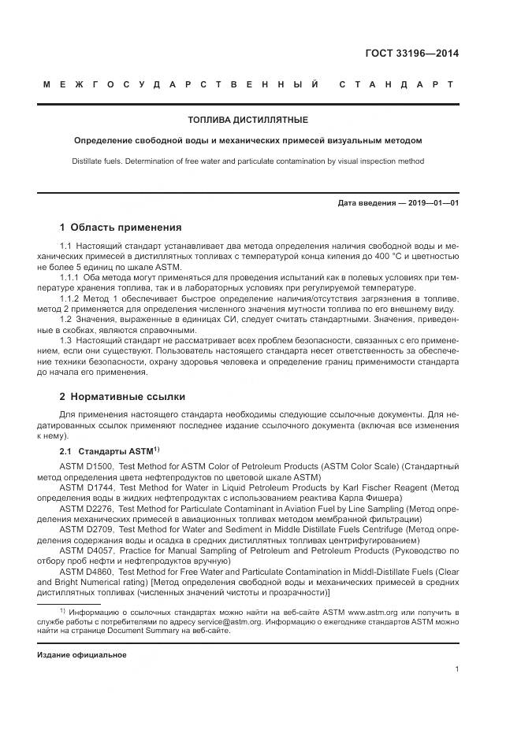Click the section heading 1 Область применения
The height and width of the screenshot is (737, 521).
[x=121, y=227]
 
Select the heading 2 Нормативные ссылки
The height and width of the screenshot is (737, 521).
[x=123, y=396]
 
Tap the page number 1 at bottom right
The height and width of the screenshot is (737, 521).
[x=457, y=669]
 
